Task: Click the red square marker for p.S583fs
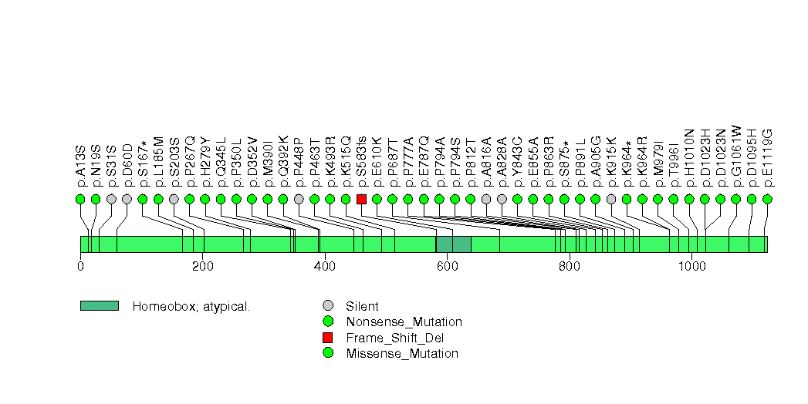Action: point(361,199)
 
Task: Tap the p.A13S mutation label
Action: point(80,164)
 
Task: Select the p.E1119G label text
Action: point(767,158)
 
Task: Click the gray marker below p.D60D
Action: point(127,199)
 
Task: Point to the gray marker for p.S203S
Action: point(174,199)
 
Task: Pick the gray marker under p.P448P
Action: point(299,199)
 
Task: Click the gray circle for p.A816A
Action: point(486,199)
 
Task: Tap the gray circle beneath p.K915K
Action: point(611,199)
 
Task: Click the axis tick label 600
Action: point(447,267)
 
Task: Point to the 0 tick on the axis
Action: point(80,267)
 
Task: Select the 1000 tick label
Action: point(692,267)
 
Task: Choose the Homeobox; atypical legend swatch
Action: point(99,306)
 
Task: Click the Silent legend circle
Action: point(328,305)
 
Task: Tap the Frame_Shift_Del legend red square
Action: point(328,338)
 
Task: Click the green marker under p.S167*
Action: point(143,199)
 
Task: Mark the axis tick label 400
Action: point(324,267)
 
